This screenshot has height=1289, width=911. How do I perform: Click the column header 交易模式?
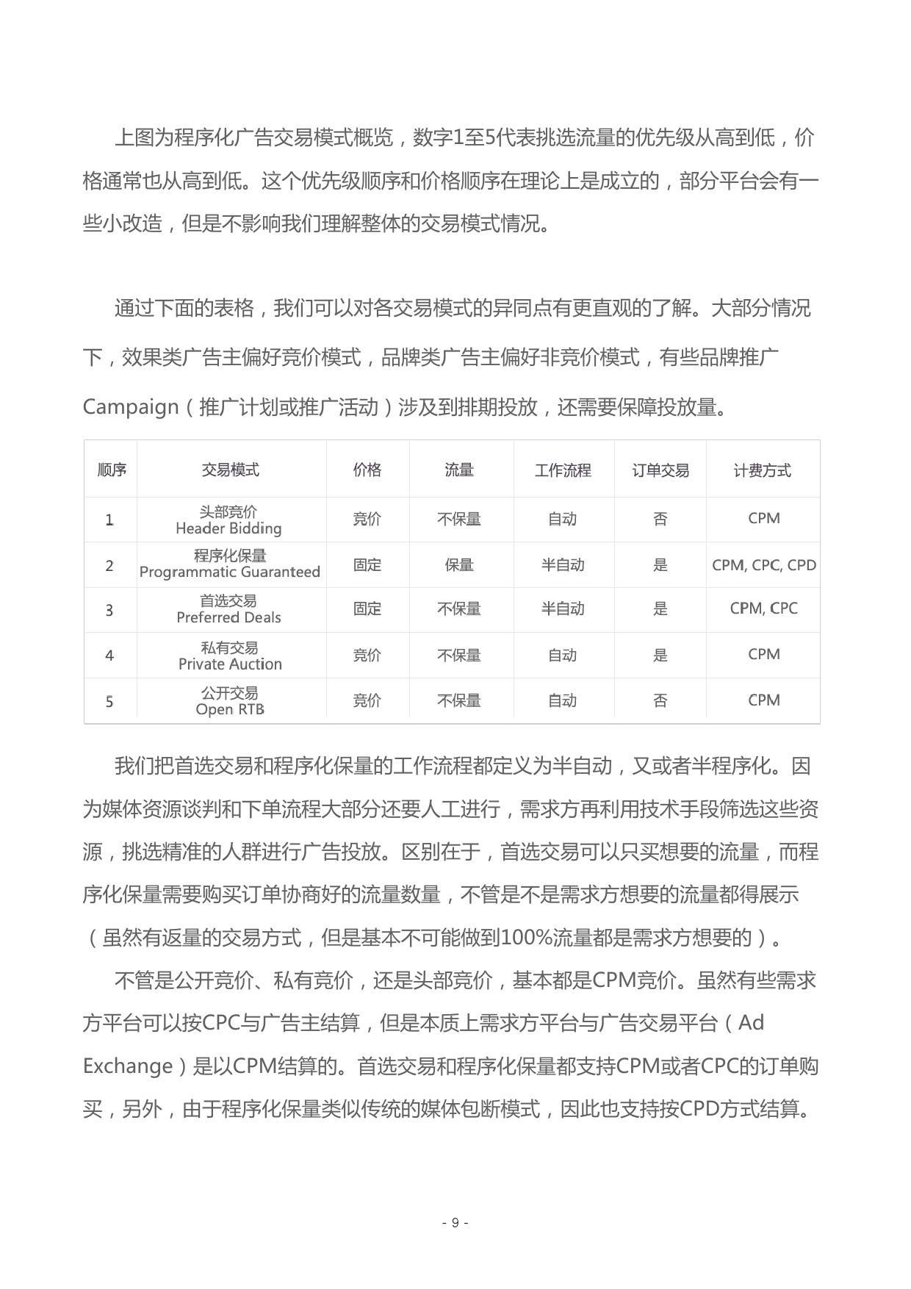(x=231, y=470)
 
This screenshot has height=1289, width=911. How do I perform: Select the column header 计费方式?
(x=763, y=470)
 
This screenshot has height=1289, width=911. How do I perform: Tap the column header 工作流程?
(x=563, y=470)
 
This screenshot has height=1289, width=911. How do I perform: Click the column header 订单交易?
(x=660, y=470)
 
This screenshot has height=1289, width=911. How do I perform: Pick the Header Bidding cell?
(x=229, y=520)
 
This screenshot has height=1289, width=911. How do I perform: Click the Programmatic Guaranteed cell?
(x=230, y=564)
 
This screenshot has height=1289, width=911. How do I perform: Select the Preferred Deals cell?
(x=229, y=609)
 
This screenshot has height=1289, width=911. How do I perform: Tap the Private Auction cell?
(x=230, y=656)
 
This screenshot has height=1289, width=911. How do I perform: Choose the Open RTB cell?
(x=230, y=701)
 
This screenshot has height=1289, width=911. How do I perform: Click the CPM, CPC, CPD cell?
(x=764, y=565)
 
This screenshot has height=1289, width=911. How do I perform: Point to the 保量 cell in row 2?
(x=459, y=565)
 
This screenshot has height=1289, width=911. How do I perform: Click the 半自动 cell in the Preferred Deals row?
(x=563, y=608)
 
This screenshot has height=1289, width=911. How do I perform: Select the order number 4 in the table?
(x=109, y=656)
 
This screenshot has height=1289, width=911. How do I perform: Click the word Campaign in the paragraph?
(x=131, y=406)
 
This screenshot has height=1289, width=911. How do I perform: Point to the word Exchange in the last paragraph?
(x=127, y=1066)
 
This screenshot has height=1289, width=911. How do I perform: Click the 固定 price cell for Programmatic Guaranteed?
(x=367, y=565)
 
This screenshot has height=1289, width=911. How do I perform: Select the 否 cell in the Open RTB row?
(x=660, y=700)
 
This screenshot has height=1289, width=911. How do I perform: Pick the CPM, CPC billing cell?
(x=764, y=608)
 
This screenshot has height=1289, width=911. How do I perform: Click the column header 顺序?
(x=112, y=470)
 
